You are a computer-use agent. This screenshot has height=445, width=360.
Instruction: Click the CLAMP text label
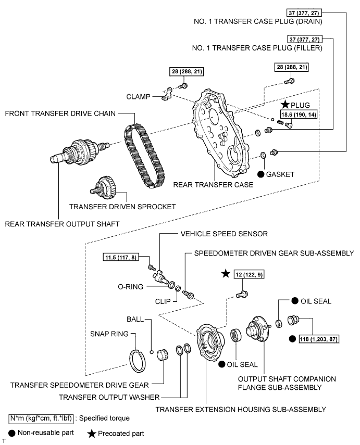[138, 96]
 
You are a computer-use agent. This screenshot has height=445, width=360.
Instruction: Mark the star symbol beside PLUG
[285, 105]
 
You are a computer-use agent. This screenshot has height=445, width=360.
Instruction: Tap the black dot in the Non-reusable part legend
[11, 433]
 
